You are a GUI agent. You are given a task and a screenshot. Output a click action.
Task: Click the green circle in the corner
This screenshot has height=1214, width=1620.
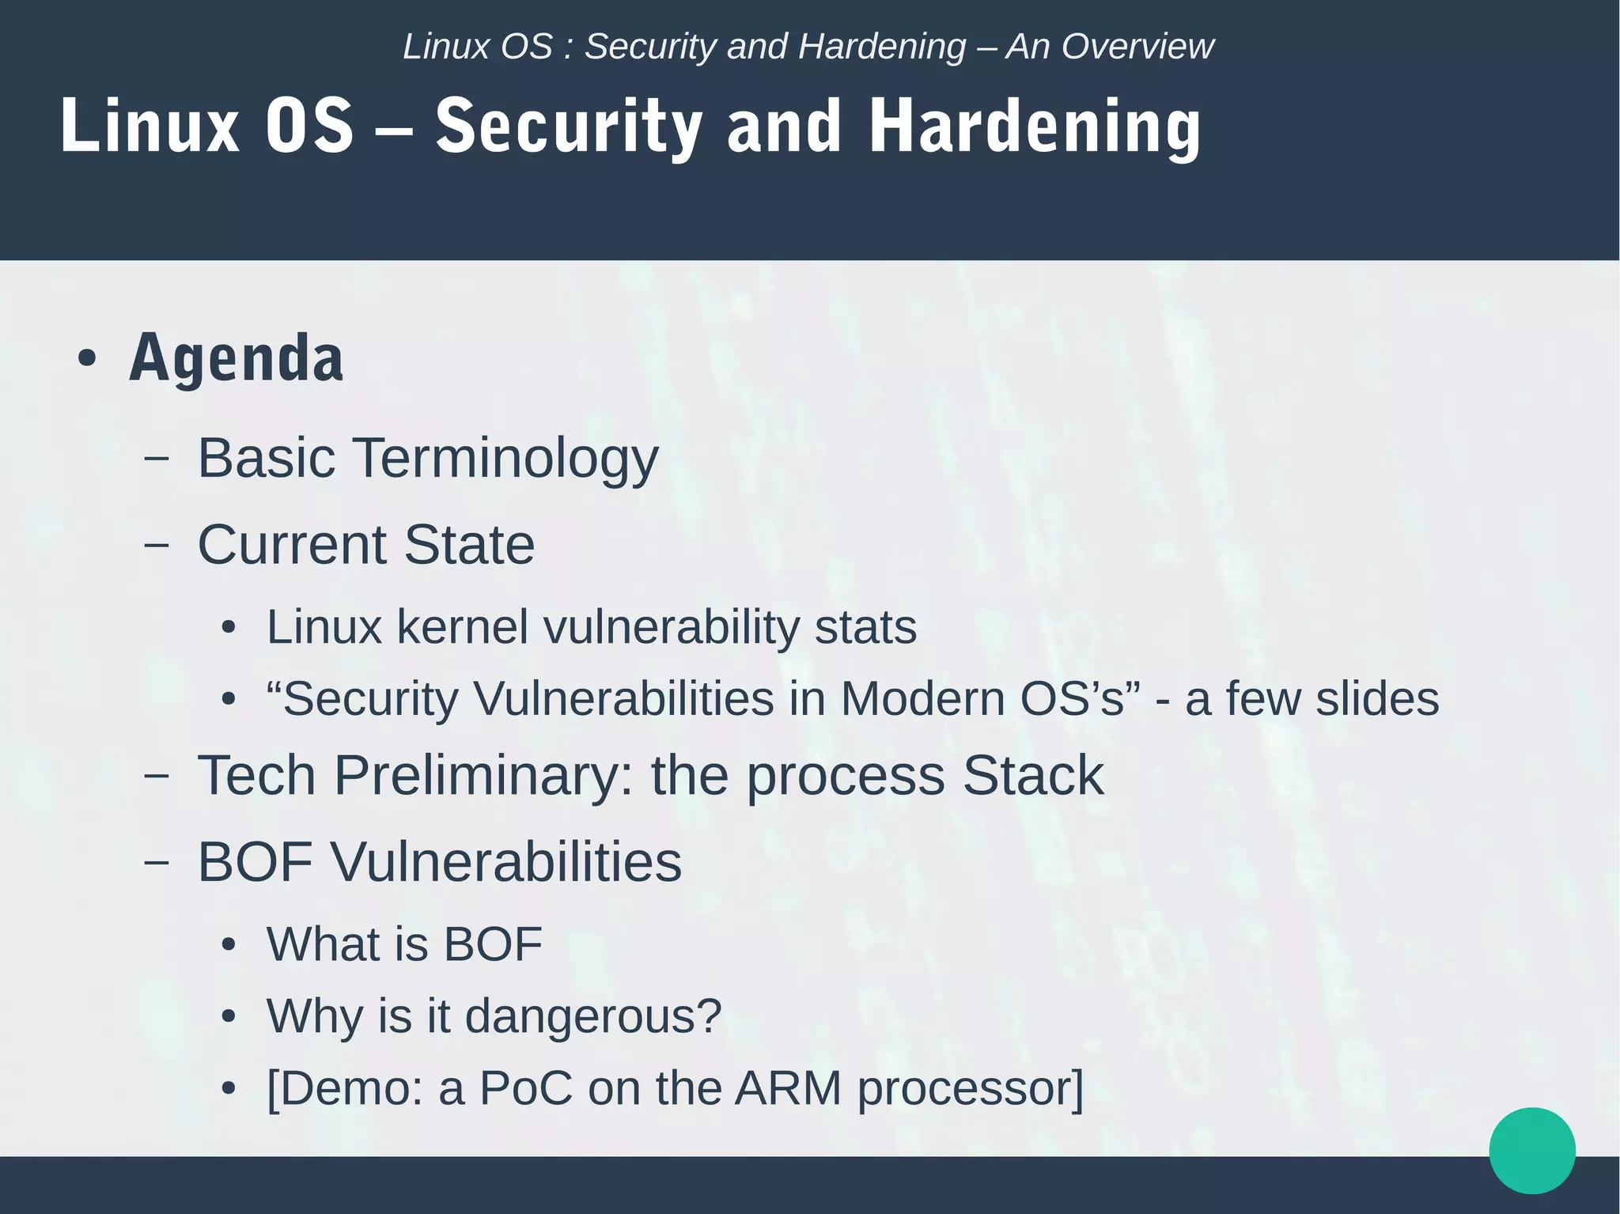coord(1531,1150)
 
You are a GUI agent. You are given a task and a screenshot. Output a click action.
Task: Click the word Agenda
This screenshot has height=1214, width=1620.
coord(237,358)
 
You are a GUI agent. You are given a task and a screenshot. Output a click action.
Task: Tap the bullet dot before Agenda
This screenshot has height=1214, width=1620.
coord(87,359)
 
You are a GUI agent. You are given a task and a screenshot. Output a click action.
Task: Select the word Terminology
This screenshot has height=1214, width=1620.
coord(505,459)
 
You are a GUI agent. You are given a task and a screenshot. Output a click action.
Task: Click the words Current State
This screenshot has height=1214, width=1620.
coord(365,545)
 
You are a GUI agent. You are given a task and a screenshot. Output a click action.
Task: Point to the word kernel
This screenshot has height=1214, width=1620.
coord(462,627)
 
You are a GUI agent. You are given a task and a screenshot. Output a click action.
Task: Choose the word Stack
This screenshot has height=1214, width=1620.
coord(1032,775)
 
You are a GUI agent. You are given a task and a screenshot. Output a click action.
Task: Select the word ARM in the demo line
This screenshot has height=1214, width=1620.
coord(788,1088)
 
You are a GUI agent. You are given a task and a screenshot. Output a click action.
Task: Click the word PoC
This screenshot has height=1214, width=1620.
coord(526,1088)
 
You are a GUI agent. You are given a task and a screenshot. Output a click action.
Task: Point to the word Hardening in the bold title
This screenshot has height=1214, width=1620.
coord(1035,127)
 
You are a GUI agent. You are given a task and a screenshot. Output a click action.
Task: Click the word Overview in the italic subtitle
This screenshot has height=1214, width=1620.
coord(1137,47)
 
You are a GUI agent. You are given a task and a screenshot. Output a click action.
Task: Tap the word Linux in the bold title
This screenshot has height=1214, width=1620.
coord(150,127)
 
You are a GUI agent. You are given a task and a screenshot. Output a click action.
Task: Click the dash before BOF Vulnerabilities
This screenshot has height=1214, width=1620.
coord(157,862)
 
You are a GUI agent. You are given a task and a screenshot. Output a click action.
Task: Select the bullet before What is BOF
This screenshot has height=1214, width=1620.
coord(229,945)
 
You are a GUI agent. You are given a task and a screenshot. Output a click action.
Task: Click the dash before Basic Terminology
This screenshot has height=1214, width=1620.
coord(157,459)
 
